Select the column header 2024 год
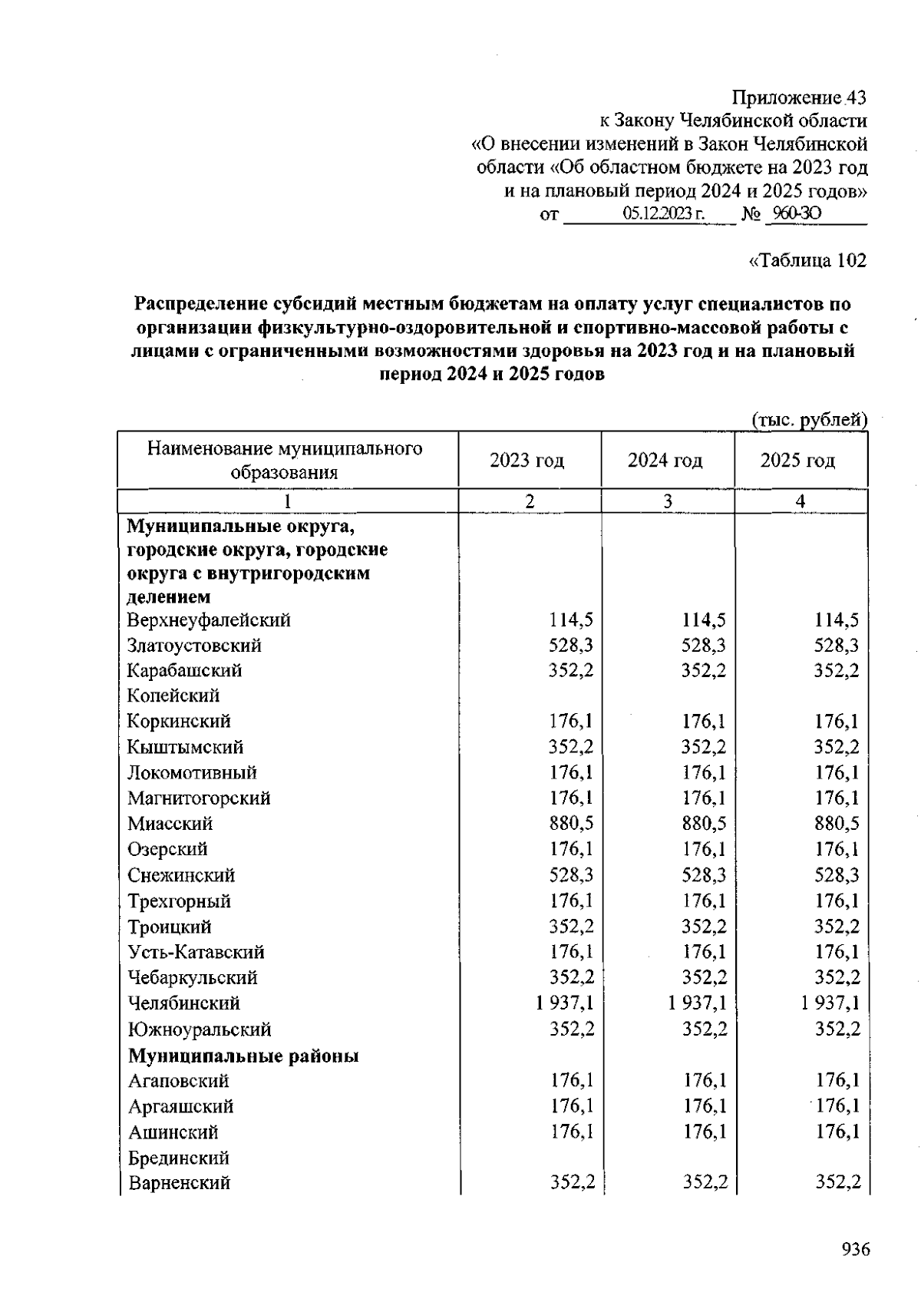[x=665, y=461]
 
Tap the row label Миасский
[x=170, y=824]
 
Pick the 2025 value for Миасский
[x=837, y=824]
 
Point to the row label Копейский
[x=173, y=696]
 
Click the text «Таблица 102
[x=807, y=260]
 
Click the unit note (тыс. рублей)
[x=809, y=420]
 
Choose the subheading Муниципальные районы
[x=243, y=1056]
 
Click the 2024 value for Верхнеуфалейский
[x=704, y=620]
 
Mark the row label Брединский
[x=179, y=1158]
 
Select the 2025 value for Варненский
[x=837, y=1183]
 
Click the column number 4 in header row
[x=801, y=501]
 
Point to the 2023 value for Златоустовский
[x=571, y=645]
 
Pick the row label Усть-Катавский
[x=196, y=952]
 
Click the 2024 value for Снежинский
[x=704, y=875]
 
